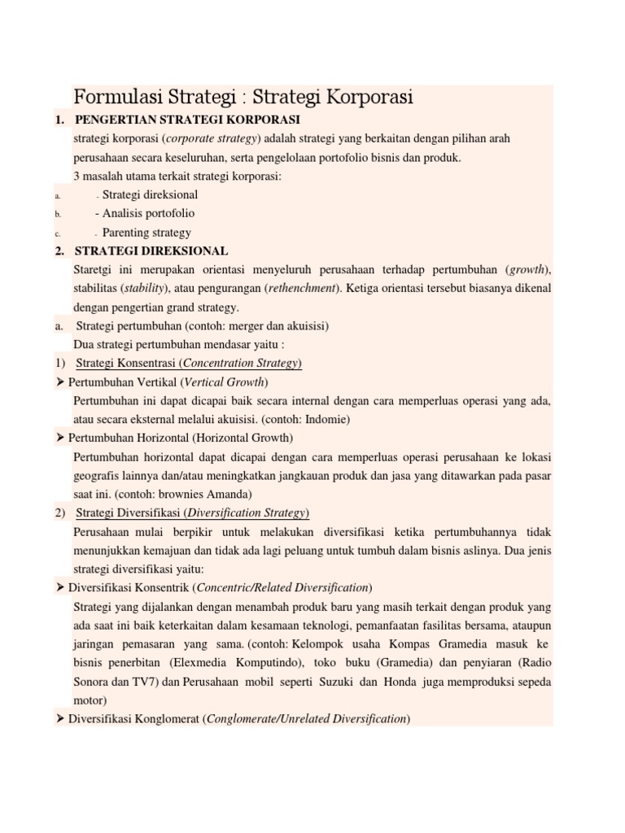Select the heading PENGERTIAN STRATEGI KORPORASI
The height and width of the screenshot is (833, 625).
tap(187, 120)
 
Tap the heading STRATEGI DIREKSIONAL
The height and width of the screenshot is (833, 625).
tap(151, 251)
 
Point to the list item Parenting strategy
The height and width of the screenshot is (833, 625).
tap(146, 232)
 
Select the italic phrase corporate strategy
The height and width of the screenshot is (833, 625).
tap(212, 139)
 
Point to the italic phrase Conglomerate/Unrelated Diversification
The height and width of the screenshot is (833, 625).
tap(306, 719)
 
